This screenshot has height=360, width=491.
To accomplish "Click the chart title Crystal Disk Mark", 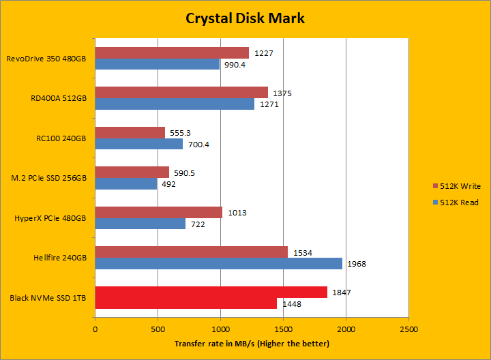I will [x=245, y=18].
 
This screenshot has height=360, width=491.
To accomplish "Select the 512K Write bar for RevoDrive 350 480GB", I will [x=172, y=52].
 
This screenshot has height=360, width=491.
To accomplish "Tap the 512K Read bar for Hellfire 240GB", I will [x=218, y=263].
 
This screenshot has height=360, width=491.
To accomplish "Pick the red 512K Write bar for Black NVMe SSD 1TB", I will [x=211, y=292].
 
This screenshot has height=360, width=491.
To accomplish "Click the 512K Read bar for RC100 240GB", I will [x=139, y=144].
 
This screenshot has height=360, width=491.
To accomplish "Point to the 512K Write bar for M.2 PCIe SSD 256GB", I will [x=132, y=172].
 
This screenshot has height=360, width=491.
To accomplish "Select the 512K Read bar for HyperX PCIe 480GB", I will [x=140, y=224].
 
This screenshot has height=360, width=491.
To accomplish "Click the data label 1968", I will [x=357, y=264].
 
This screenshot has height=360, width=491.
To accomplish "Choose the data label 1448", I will [x=292, y=304].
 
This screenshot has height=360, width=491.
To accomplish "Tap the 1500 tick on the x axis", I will [x=283, y=329].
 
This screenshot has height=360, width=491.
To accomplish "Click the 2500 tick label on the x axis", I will [x=408, y=329].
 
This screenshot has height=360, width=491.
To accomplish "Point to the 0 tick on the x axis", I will [x=95, y=329].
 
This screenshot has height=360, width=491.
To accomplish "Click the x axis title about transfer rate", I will [x=252, y=343].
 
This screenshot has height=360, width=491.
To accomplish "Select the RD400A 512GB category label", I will [x=59, y=98].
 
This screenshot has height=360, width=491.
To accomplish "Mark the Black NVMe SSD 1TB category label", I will [x=48, y=298].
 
